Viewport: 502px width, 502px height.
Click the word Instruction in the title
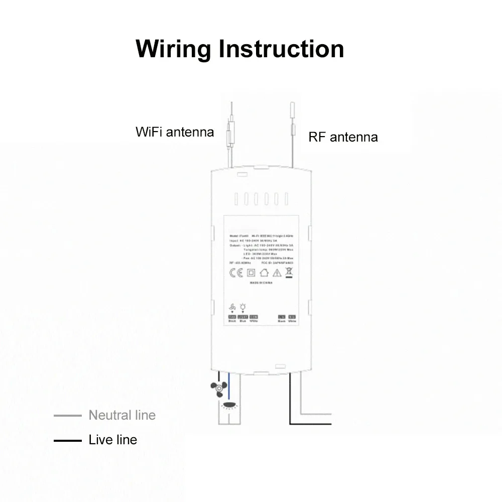point(281,49)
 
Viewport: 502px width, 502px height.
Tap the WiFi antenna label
point(175,132)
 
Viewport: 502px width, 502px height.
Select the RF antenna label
point(343,137)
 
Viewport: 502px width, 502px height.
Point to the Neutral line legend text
point(122,415)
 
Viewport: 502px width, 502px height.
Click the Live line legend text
point(112,440)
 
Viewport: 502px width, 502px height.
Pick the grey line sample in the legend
point(67,415)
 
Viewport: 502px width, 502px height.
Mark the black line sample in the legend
point(67,441)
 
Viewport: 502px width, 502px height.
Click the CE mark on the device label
point(235,273)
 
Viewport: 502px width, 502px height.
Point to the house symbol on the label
point(264,273)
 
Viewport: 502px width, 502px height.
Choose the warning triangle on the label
point(277,273)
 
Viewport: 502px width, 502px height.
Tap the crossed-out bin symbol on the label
point(289,273)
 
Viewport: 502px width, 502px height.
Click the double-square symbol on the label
point(250,273)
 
